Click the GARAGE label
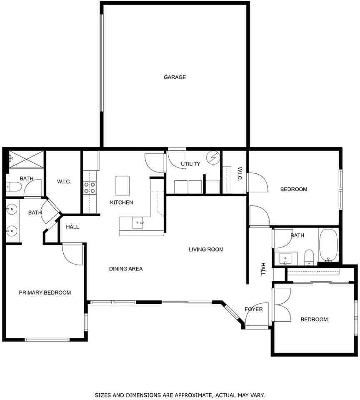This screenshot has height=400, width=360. point(175,77)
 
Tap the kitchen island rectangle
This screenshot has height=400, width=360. point(122,185)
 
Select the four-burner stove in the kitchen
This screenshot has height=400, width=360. point(90,187)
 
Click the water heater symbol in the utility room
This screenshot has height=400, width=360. point(213,157)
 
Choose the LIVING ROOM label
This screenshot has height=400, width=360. point(206,250)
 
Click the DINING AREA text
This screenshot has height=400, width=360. point(126,269)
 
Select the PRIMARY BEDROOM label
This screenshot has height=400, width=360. point(45,292)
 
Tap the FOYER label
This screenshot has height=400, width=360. point(254,309)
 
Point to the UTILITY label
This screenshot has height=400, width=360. point(190,164)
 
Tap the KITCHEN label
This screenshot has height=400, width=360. point(121,202)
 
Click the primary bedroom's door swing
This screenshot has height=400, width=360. point(73,254)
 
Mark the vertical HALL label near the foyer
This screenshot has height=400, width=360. point(263,269)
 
